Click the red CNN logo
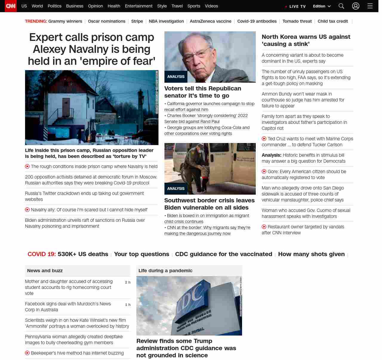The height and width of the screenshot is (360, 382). pyautogui.click(x=11, y=6)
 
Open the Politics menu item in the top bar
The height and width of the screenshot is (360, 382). pyautogui.click(x=54, y=6)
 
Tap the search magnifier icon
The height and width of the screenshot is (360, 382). pyautogui.click(x=341, y=6)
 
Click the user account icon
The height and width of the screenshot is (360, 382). pyautogui.click(x=355, y=6)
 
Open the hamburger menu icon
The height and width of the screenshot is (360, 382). pyautogui.click(x=370, y=6)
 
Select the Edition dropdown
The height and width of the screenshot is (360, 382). pyautogui.click(x=322, y=6)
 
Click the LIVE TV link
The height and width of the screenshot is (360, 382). pyautogui.click(x=296, y=6)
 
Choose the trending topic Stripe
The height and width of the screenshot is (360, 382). pyautogui.click(x=137, y=21)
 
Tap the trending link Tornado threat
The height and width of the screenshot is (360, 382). pyautogui.click(x=297, y=21)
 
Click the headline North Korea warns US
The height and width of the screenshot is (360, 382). pyautogui.click(x=306, y=40)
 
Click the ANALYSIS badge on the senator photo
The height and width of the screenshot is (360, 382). pyautogui.click(x=176, y=77)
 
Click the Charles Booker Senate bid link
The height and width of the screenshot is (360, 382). pyautogui.click(x=206, y=119)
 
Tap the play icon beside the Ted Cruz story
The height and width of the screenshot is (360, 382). pyautogui.click(x=264, y=139)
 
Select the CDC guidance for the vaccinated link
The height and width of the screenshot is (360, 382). pyautogui.click(x=224, y=254)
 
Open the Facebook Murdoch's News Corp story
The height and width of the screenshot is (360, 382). pyautogui.click(x=68, y=307)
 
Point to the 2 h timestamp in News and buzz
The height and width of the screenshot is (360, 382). pyautogui.click(x=127, y=282)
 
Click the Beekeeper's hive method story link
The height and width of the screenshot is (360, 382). pyautogui.click(x=77, y=353)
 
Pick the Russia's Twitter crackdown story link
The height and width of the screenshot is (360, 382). pyautogui.click(x=84, y=196)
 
